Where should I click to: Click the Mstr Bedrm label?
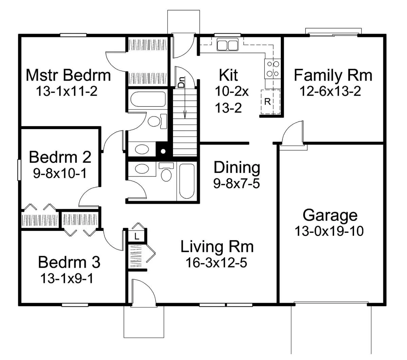(68, 75)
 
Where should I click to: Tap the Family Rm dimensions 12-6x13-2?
(330, 91)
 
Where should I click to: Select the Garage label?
(330, 216)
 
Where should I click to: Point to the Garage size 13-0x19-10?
(329, 231)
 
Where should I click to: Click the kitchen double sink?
(227, 44)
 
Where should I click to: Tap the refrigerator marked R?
(270, 102)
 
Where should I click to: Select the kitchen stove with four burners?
(272, 69)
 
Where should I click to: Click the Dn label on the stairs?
(181, 82)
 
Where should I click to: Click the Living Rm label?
(217, 247)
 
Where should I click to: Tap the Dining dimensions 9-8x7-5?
(237, 183)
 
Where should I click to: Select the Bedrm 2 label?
(60, 157)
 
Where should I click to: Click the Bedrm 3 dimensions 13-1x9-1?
(67, 279)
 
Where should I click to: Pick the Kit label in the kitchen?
(228, 75)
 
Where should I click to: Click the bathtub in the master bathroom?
(148, 99)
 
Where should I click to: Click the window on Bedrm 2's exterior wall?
(19, 170)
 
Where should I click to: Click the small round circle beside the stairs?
(163, 151)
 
